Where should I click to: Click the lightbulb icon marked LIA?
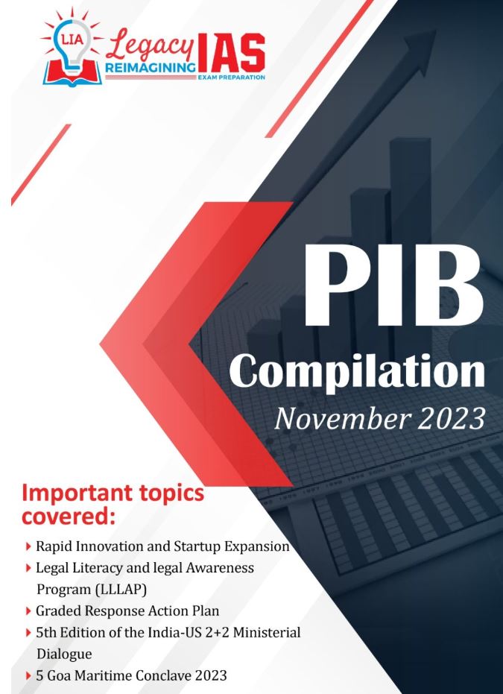pos(72,46)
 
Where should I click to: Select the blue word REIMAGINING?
pos(150,68)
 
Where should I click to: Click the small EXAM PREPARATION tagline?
pos(232,77)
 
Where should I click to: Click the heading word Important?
pos(77,493)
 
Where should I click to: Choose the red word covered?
pos(68,516)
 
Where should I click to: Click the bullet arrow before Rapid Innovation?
pos(28,547)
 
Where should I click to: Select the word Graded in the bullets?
pos(56,611)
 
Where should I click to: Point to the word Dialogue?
pos(64,654)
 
